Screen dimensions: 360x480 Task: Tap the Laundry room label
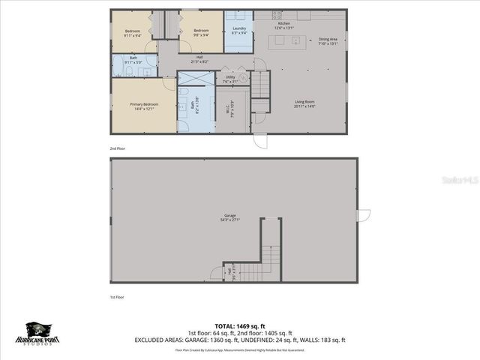point(239,31)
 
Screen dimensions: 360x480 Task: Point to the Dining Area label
point(328,41)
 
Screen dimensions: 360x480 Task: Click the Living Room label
point(304,104)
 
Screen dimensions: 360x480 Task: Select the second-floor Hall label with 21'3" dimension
point(199,59)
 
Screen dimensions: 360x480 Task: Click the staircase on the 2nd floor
point(259,85)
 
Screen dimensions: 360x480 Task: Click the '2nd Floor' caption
point(116,149)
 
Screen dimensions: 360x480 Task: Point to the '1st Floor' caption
point(116,297)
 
